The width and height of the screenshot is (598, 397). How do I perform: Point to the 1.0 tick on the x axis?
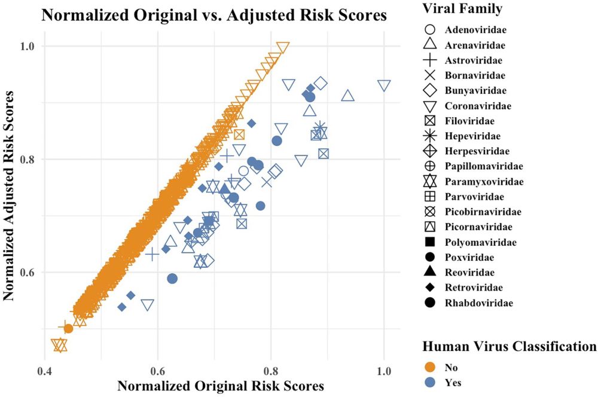click(383, 371)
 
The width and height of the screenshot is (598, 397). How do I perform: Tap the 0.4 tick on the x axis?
click(45, 371)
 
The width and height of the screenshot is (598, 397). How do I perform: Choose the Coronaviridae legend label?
click(477, 106)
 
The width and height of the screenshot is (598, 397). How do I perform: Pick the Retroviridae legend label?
click(474, 288)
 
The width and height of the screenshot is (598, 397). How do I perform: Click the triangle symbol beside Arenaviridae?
click(430, 44)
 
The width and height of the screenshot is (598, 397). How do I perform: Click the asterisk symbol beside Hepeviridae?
click(430, 136)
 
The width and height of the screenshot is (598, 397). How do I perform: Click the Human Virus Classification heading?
click(509, 347)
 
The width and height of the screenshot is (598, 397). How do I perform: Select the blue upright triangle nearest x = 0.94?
click(347, 96)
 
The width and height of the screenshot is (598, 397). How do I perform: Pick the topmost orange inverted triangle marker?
click(283, 48)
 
